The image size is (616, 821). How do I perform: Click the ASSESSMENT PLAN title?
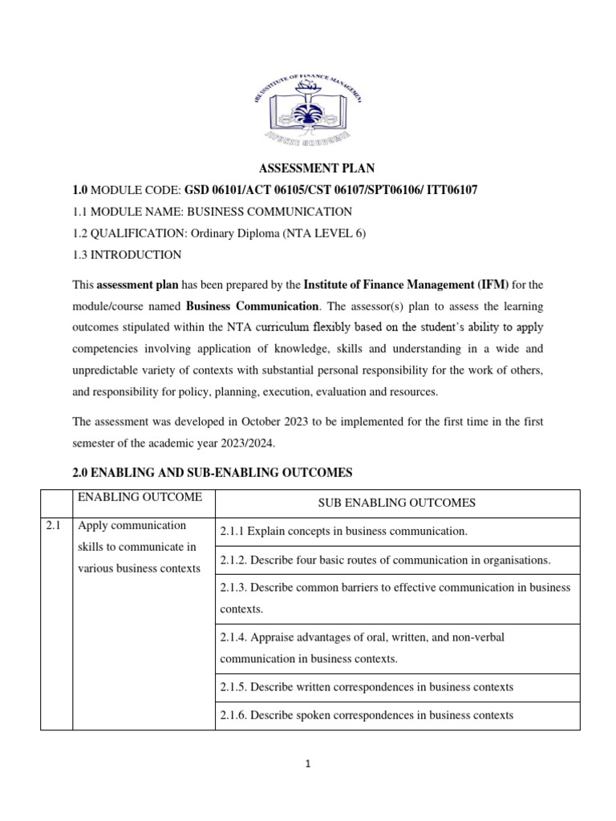tap(316, 168)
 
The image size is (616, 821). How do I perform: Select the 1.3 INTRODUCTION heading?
tap(127, 255)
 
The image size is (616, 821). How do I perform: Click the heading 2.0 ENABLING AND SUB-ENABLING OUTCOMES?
tap(212, 473)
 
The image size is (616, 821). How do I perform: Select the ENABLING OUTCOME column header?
tap(140, 498)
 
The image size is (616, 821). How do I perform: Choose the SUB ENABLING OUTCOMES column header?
tap(397, 504)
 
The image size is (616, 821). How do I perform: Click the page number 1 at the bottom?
tap(308, 764)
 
